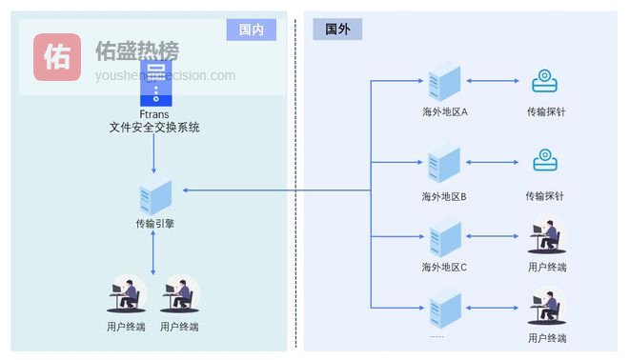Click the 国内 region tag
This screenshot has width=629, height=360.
[x=252, y=30]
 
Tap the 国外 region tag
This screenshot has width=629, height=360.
[x=337, y=30]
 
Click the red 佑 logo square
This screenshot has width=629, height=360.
[x=57, y=57]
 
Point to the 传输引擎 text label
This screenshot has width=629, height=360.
[x=154, y=225]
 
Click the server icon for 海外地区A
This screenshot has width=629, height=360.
[x=444, y=83]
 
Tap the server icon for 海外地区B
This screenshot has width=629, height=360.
[x=444, y=165]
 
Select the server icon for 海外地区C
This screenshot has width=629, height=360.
[x=444, y=237]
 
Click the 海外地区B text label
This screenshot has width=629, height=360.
[x=444, y=197]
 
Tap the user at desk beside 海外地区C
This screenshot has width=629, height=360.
[x=547, y=236]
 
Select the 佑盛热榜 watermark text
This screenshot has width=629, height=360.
[x=137, y=51]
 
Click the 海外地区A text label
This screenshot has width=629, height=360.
[x=444, y=111]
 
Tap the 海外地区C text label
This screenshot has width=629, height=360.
[x=444, y=268]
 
